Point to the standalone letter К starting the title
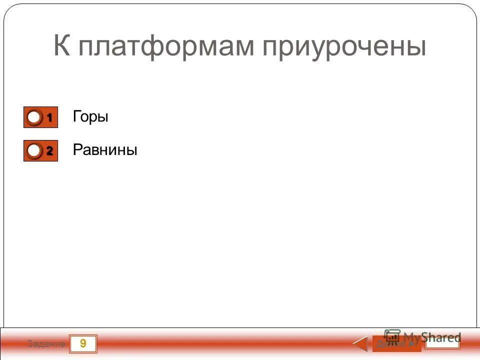[61, 47]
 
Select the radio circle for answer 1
[34, 117]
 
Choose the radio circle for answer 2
[34, 150]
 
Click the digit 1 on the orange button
[50, 117]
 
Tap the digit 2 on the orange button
[50, 150]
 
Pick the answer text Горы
[90, 117]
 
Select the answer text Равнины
[104, 149]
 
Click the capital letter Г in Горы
[76, 116]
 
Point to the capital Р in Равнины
[77, 149]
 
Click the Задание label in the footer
[46, 344]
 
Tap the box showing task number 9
[82, 343]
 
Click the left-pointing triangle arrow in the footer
[361, 344]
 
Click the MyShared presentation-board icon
[392, 336]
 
